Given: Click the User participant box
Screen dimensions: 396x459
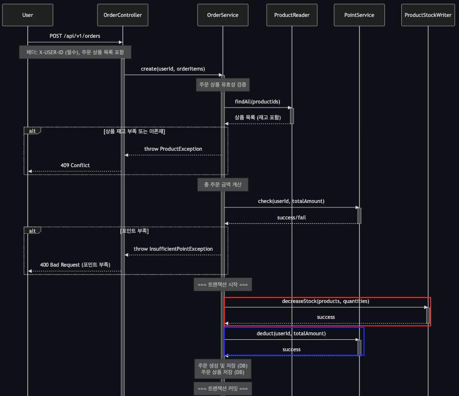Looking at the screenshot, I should (28, 15).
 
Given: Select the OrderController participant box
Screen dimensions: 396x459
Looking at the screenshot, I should (122, 15).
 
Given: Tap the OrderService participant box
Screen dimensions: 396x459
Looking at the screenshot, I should (222, 15).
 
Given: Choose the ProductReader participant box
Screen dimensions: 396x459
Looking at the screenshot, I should (291, 15).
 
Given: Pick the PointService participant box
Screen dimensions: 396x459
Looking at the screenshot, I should (359, 15).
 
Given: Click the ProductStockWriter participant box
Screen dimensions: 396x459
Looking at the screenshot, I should (428, 15).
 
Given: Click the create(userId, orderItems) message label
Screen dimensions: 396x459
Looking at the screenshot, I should (173, 69).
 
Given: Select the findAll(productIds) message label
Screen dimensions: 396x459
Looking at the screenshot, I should (257, 101).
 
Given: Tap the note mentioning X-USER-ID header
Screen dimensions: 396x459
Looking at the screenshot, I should (75, 52).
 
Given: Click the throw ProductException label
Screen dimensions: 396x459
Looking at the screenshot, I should (173, 149).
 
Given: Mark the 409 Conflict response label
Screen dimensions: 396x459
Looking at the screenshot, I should (75, 165).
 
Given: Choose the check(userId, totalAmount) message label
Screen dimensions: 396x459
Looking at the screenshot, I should (291, 201).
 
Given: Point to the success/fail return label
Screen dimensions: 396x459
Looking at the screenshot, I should (291, 217).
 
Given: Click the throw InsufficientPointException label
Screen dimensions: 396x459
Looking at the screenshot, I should (173, 249).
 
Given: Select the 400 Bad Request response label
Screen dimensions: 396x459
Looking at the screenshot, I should (75, 265).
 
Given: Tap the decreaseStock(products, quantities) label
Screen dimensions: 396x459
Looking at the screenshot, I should (326, 301).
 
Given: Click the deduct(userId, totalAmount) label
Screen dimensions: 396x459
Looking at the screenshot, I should (291, 333).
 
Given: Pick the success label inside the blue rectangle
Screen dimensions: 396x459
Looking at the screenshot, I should (291, 349).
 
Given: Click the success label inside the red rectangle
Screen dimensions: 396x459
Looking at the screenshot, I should (326, 317).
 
